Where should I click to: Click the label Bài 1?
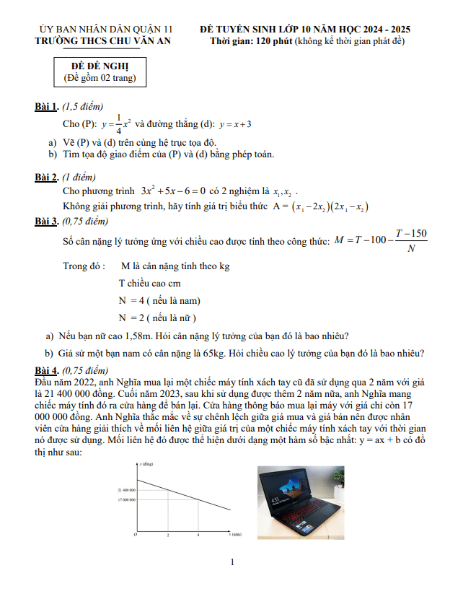(x=47, y=107)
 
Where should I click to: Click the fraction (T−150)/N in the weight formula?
(x=411, y=241)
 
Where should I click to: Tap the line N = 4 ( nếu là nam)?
(x=159, y=300)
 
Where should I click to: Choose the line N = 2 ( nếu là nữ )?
(x=158, y=318)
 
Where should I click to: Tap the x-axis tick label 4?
(x=198, y=535)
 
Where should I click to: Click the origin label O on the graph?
(x=136, y=535)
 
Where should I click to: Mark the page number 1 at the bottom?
(x=232, y=562)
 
